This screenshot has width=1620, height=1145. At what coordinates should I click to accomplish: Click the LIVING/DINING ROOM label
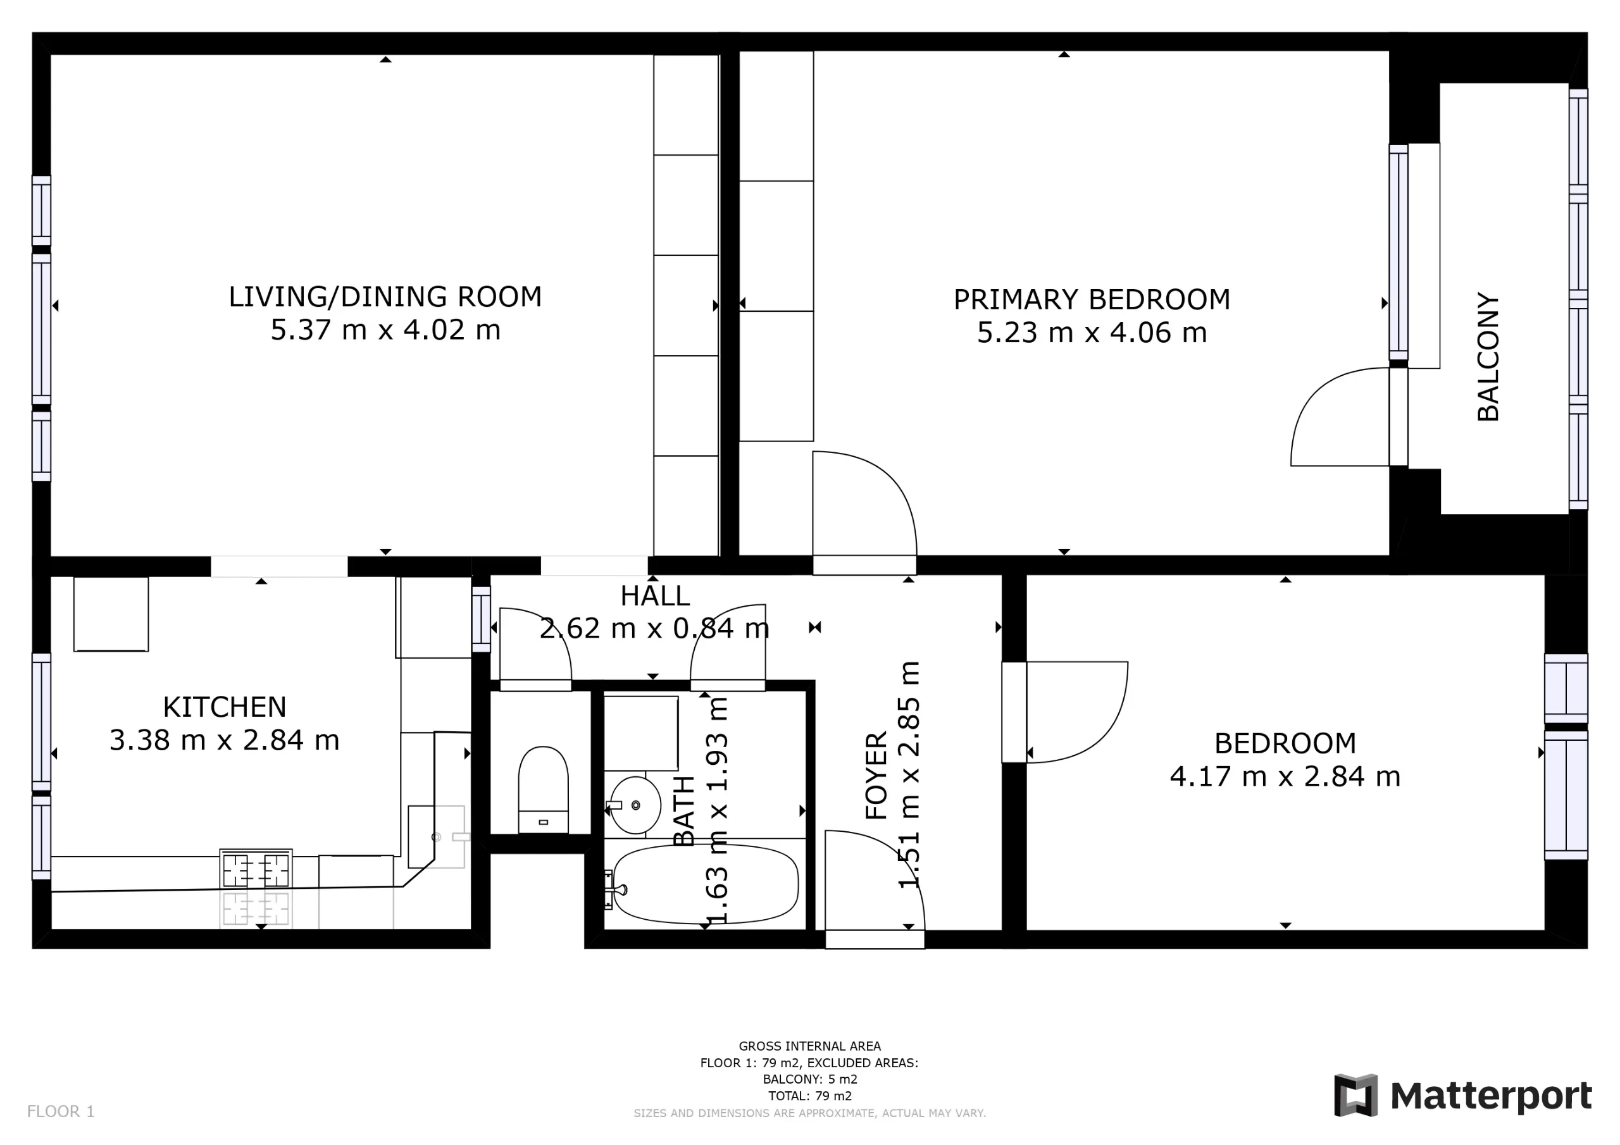point(385,297)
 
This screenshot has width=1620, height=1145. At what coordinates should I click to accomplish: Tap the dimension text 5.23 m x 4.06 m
point(1092,333)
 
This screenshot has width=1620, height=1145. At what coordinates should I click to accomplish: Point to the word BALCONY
point(1488,357)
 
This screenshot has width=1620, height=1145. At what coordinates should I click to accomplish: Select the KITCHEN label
point(225,707)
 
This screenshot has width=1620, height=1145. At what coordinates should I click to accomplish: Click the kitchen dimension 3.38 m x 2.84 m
point(225,740)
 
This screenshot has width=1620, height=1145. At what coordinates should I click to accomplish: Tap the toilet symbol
point(544,789)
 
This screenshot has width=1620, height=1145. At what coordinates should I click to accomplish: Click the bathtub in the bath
point(706,883)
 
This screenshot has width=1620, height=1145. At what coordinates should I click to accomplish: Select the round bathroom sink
point(635,805)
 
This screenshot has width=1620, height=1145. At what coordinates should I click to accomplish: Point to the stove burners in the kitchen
point(256,870)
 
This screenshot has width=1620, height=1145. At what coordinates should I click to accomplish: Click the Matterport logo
point(1462,1096)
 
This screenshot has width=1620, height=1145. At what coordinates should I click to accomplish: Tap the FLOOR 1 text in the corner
point(61,1112)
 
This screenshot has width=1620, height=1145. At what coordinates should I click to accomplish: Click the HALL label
point(655,596)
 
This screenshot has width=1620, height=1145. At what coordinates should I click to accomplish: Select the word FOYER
point(876,776)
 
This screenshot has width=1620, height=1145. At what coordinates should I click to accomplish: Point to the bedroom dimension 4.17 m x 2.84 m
point(1285,777)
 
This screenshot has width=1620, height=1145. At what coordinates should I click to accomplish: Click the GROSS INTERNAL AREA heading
point(810,1046)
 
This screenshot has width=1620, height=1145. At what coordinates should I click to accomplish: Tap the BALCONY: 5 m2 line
point(810,1079)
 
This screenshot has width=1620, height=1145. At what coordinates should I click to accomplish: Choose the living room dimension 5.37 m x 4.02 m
point(385,330)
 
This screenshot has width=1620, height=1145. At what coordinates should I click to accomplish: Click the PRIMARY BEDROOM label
point(1092,300)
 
